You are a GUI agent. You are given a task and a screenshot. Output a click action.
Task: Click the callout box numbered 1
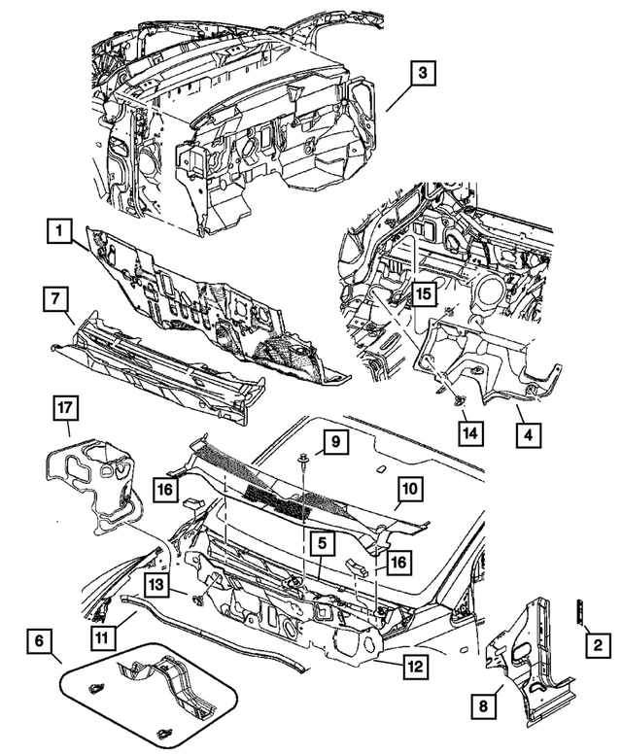click(x=60, y=231)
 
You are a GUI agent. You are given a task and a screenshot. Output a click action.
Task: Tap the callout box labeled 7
click(x=55, y=299)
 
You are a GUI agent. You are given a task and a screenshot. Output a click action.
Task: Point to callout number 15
click(x=424, y=292)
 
